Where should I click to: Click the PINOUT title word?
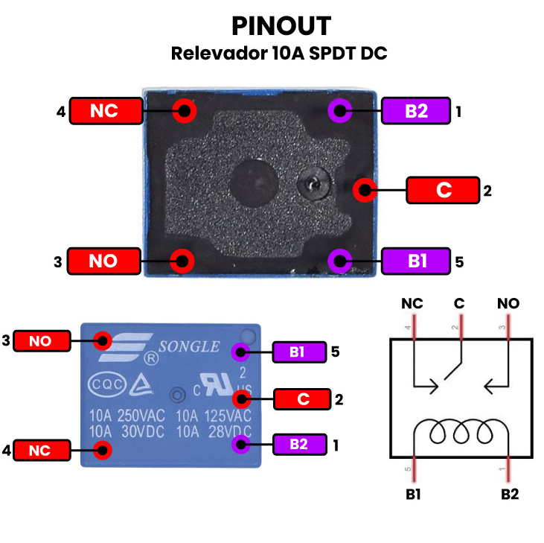point(281,26)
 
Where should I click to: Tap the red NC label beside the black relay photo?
point(105,111)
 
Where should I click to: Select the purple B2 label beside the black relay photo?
point(416,112)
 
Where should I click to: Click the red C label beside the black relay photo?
point(443,190)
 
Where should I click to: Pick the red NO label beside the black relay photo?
point(103,261)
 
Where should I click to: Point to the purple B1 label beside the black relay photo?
point(416,261)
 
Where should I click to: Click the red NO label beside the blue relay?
point(42,341)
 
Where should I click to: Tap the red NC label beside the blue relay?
point(42,450)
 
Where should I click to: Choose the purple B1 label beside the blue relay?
point(298,352)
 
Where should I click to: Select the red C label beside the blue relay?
point(302,399)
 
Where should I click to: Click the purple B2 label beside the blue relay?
point(299,445)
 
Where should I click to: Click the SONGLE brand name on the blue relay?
point(189,346)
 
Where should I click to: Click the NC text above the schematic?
point(412,304)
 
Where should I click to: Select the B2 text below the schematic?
point(510,493)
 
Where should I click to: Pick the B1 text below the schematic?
point(413,493)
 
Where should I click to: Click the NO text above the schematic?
point(508,304)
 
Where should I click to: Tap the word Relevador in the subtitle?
point(220,54)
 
